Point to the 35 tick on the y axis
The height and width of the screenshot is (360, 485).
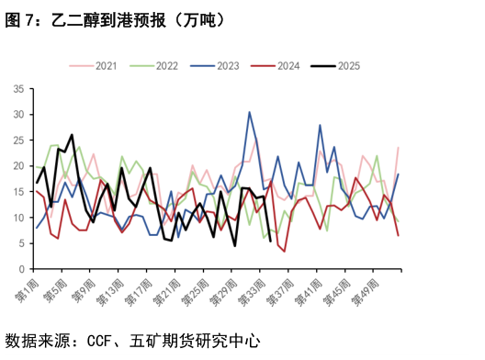18,89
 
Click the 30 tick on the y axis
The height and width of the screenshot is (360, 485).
18,115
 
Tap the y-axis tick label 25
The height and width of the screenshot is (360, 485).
18,141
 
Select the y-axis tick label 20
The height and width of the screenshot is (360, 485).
18,166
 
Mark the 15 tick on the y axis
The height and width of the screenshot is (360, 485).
18,192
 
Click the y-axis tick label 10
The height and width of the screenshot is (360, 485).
18,218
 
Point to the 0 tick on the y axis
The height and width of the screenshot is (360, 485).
21,269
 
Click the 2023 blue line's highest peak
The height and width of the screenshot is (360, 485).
249,112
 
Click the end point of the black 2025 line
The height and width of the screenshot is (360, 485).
269,242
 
